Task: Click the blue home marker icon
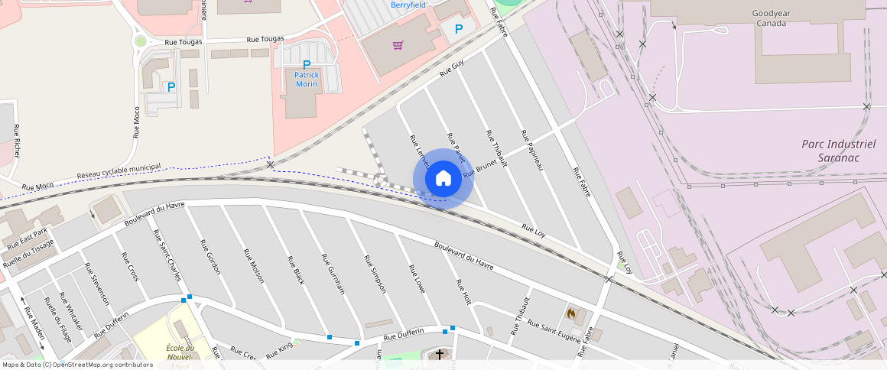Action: [443, 179]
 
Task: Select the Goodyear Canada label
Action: [770, 18]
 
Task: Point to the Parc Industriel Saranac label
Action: [838, 150]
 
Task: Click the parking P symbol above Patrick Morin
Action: [307, 65]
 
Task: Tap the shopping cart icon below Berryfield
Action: [398, 45]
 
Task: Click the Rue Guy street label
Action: [452, 70]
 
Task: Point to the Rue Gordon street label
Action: [210, 257]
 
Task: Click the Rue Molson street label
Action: [253, 266]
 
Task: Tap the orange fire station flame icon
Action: [570, 313]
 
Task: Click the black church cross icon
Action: [439, 354]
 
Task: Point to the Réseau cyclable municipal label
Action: [119, 172]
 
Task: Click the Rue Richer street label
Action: [17, 134]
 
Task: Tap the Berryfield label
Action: [408, 5]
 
